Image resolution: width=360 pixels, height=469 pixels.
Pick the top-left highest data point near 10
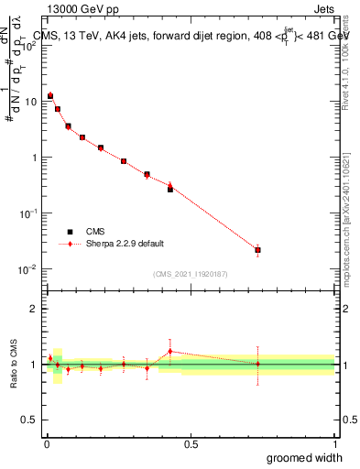(50, 95)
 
